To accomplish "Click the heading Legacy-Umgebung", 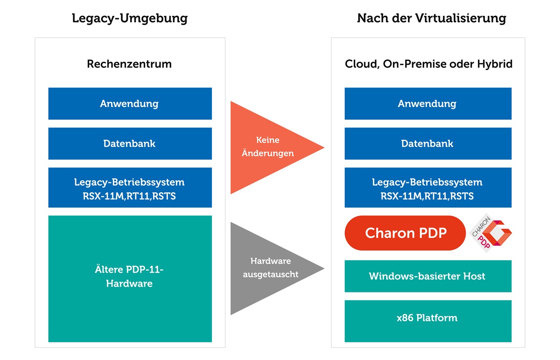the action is pyautogui.click(x=130, y=19).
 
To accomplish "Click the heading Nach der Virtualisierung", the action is pyautogui.click(x=432, y=18).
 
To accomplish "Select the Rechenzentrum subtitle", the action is pyautogui.click(x=129, y=64).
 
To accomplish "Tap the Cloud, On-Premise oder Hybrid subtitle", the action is pyautogui.click(x=428, y=64).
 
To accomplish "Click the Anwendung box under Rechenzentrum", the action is pyautogui.click(x=130, y=104).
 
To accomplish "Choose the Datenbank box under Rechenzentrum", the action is pyautogui.click(x=130, y=144).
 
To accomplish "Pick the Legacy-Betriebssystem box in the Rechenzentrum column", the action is pyautogui.click(x=130, y=187).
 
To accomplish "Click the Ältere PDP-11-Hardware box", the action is pyautogui.click(x=130, y=279).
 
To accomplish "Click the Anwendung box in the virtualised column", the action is pyautogui.click(x=428, y=104).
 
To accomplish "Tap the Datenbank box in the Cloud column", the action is pyautogui.click(x=428, y=144).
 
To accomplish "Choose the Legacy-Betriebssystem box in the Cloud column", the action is pyautogui.click(x=428, y=187).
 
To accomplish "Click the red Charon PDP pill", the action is pyautogui.click(x=405, y=233).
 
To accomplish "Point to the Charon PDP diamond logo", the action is pyautogui.click(x=490, y=233).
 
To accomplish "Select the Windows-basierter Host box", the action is pyautogui.click(x=428, y=276).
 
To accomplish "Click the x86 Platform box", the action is pyautogui.click(x=428, y=321).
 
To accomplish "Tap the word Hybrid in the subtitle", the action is pyautogui.click(x=495, y=64).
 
